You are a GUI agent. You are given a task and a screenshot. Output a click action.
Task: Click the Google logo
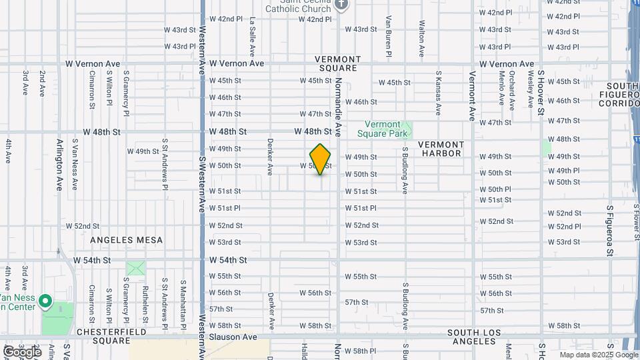pos(21,351)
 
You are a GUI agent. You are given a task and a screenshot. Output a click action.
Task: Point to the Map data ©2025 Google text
pos(597,355)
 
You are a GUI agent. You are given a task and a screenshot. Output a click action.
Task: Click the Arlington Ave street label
pos(59,165)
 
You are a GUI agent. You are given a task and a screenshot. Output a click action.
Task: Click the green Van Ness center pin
pos(45,301)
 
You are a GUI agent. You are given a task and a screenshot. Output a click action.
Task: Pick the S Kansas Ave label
pos(438,94)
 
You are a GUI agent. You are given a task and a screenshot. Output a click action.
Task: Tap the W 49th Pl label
pos(563,171)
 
